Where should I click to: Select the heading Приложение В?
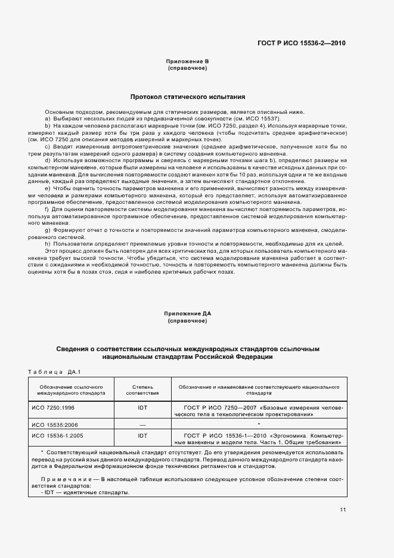coord(188,61)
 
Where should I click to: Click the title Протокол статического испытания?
coord(188,97)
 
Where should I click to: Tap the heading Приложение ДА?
coord(188,314)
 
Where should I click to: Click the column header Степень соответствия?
coord(142,390)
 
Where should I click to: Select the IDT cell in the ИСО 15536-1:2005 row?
coord(142,435)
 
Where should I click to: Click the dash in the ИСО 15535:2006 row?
coord(142,423)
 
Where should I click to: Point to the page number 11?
coord(343,509)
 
